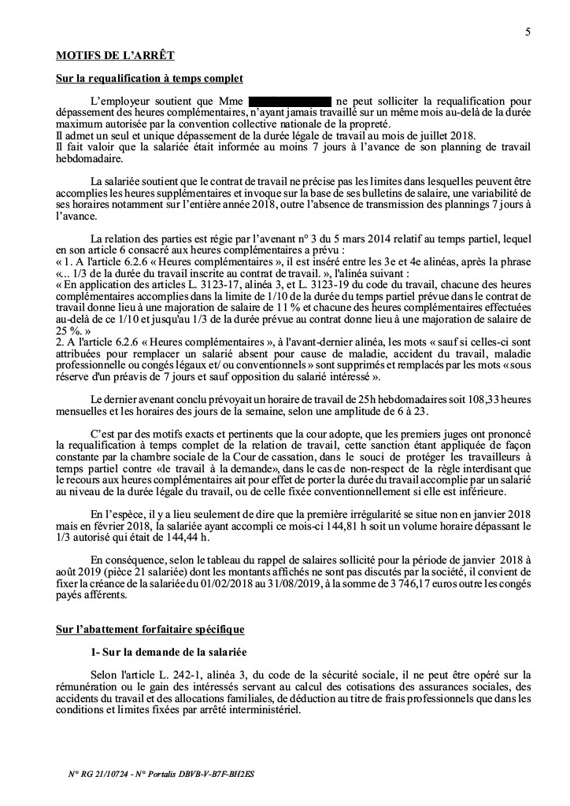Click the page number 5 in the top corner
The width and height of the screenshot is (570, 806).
tap(527, 32)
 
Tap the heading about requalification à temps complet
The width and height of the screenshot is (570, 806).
tap(150, 79)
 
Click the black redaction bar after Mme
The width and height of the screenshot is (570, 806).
tap(289, 102)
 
